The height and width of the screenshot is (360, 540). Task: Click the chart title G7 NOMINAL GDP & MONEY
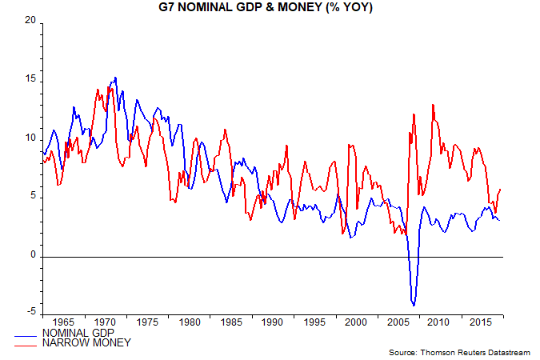tap(270, 8)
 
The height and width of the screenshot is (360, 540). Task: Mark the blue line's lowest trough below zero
tap(414, 306)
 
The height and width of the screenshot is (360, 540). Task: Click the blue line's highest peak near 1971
tap(116, 78)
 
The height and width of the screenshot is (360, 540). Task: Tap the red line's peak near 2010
tap(433, 104)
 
